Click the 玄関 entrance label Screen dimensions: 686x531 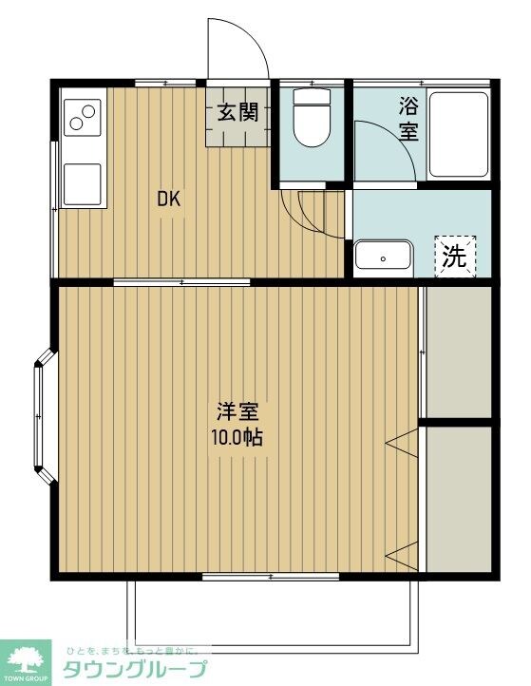(x=237, y=112)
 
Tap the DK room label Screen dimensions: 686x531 (x=169, y=200)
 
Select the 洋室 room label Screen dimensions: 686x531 (x=238, y=413)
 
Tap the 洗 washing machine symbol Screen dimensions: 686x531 (x=456, y=255)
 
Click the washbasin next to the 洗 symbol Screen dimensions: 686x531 (x=383, y=257)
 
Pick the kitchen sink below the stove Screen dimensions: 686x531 (x=83, y=182)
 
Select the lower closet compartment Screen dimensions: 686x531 (x=458, y=499)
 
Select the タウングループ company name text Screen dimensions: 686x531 (x=133, y=669)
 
